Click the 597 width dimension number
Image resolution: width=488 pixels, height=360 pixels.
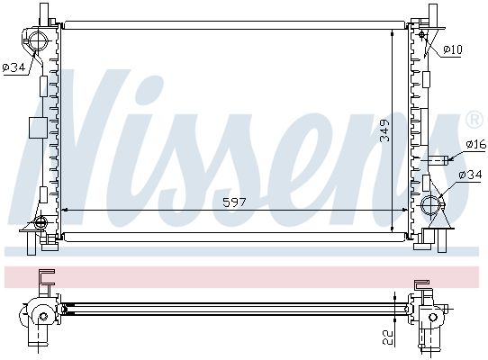(x=234, y=202)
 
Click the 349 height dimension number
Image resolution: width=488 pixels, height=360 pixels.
(x=384, y=130)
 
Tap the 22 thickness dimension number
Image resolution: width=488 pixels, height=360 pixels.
(x=388, y=337)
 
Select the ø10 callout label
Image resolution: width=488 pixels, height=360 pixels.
(x=453, y=49)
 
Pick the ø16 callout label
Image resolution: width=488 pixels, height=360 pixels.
(x=476, y=144)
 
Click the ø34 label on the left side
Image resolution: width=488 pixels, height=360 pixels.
(x=14, y=67)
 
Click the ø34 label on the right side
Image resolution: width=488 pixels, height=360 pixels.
(x=470, y=175)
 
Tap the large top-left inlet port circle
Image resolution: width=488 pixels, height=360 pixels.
(x=39, y=40)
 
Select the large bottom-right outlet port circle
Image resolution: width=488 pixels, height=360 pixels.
(x=431, y=206)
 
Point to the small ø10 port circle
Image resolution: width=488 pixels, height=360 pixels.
(x=422, y=34)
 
